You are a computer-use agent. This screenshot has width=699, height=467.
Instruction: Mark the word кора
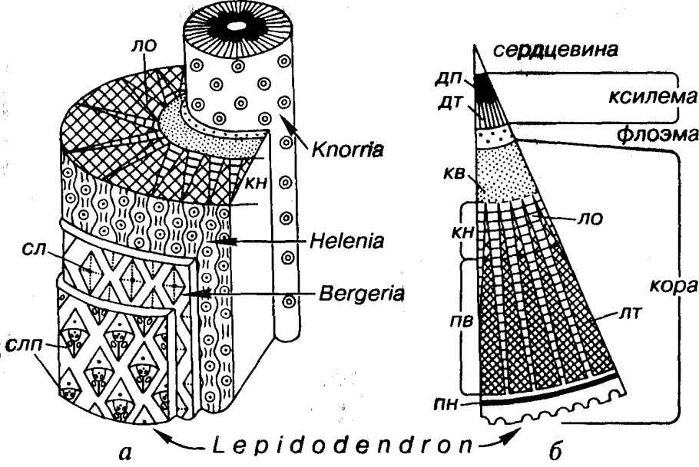pos(651,285)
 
